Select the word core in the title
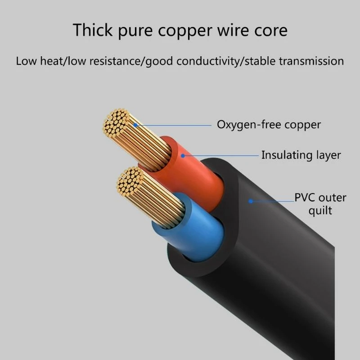pyautogui.click(x=269, y=31)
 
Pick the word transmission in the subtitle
pyautogui.click(x=310, y=61)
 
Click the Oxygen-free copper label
pyautogui.click(x=269, y=125)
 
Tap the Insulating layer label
pyautogui.click(x=301, y=155)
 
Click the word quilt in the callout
pyautogui.click(x=320, y=210)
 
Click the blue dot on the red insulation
pyautogui.click(x=183, y=156)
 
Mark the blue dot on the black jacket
pyautogui.click(x=251, y=201)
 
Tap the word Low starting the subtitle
pyautogui.click(x=26, y=61)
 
